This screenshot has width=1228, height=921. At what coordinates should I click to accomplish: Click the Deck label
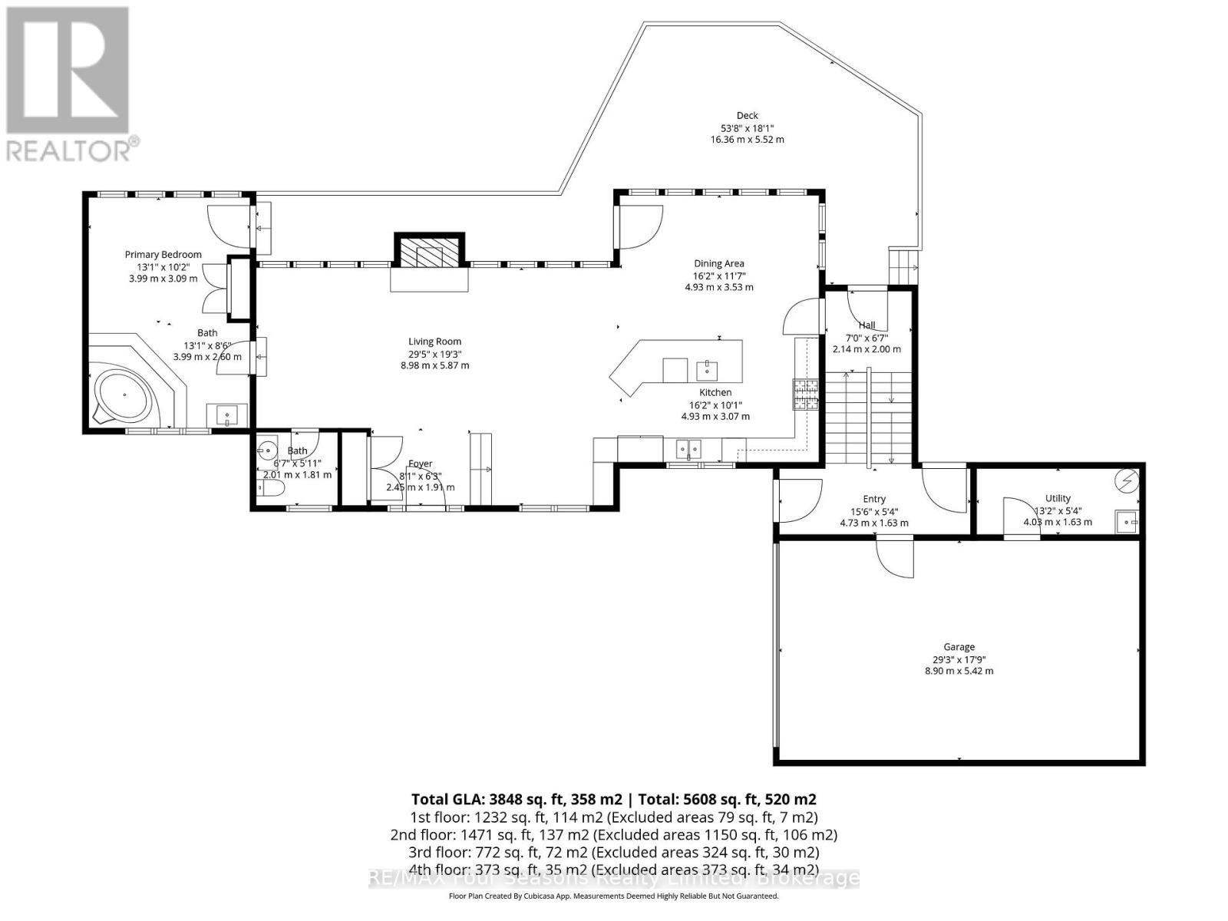tap(747, 116)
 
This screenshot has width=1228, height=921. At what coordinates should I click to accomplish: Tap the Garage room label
tap(959, 647)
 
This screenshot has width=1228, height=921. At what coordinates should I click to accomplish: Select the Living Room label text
tap(434, 342)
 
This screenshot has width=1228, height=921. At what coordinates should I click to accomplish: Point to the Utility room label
tap(1058, 498)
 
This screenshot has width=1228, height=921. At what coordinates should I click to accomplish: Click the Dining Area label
tap(719, 264)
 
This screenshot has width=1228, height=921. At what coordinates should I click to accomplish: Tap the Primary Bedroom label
tap(163, 255)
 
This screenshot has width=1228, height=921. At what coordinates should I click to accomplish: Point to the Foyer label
tap(420, 464)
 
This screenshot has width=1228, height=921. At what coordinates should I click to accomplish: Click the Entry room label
tap(873, 499)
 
